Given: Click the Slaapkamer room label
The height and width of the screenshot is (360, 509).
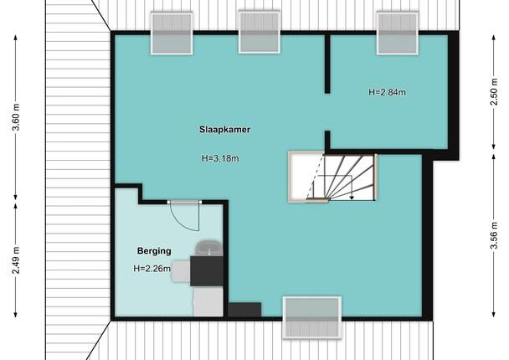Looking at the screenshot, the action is (224, 130).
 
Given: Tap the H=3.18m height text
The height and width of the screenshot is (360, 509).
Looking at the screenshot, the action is (220, 158).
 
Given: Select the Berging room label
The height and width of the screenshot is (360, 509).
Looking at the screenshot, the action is (154, 251).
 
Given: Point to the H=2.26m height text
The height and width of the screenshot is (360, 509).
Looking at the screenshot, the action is (152, 269).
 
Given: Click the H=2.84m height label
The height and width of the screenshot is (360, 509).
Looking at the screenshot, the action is (387, 92).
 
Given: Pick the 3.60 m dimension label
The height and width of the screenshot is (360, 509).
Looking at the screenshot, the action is (16, 117).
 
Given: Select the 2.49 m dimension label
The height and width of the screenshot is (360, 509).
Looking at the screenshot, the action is (16, 260).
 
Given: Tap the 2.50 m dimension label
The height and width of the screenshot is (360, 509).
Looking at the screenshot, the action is (494, 92).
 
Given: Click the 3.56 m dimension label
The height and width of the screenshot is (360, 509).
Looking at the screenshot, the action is (494, 235).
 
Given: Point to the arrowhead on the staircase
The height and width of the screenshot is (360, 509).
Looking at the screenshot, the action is (352, 197).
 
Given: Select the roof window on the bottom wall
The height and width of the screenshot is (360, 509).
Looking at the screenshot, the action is (312, 318).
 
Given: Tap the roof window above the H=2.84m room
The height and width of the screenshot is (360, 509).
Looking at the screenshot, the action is (398, 33).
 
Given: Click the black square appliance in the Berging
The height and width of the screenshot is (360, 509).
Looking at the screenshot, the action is (207, 271).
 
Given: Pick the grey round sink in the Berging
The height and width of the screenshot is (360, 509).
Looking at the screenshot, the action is (209, 248).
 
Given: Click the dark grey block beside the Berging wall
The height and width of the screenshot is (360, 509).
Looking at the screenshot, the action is (244, 310).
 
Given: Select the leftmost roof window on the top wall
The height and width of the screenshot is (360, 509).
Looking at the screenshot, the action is (172, 33).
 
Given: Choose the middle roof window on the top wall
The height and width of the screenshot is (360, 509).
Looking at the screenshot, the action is (260, 32).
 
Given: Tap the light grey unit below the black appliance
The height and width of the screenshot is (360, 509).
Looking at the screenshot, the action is (208, 301).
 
